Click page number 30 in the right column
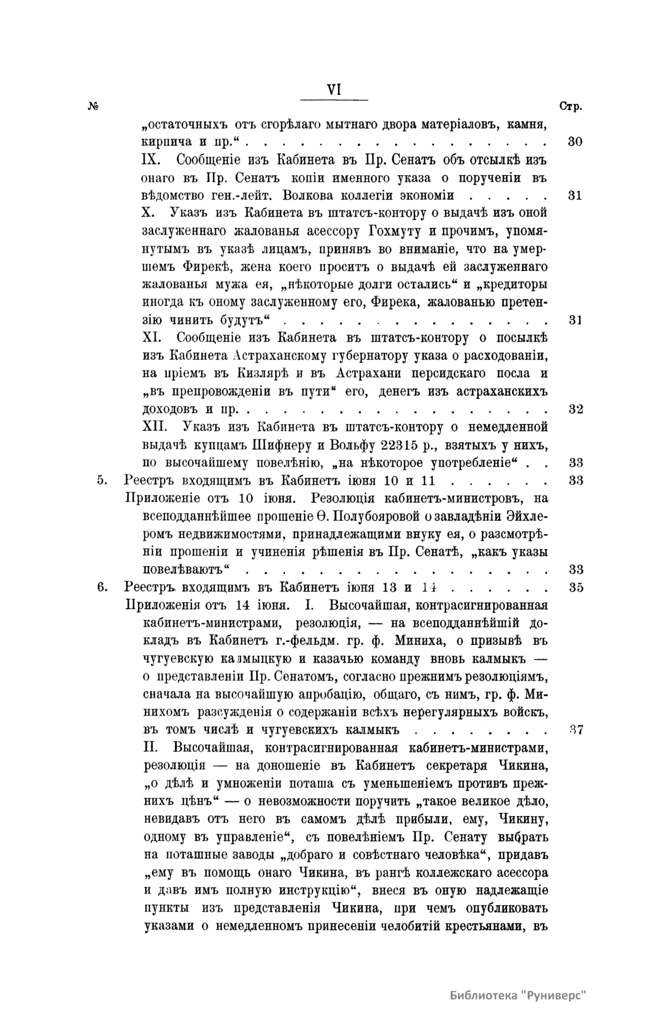[575, 142]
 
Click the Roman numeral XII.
[157, 427]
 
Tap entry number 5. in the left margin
[102, 481]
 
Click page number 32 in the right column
[576, 409]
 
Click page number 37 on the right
[576, 730]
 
